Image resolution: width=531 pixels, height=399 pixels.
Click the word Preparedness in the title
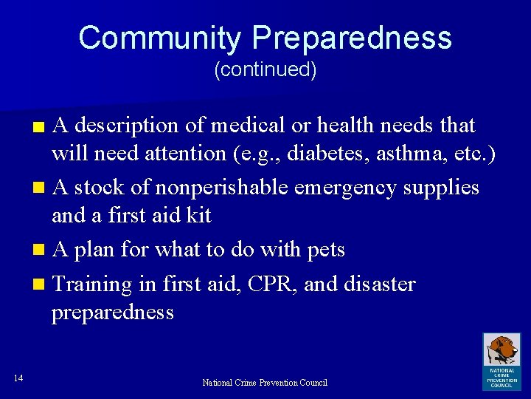pos(350,38)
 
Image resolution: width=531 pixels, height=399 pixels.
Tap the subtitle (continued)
pos(265,70)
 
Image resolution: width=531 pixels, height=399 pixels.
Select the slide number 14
pos(18,379)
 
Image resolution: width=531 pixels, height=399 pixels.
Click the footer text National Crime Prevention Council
pos(265,383)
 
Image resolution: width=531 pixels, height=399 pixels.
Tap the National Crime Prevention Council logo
pos(502,361)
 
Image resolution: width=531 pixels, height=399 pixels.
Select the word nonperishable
pos(221,188)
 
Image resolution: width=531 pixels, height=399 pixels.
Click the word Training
pos(92,284)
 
